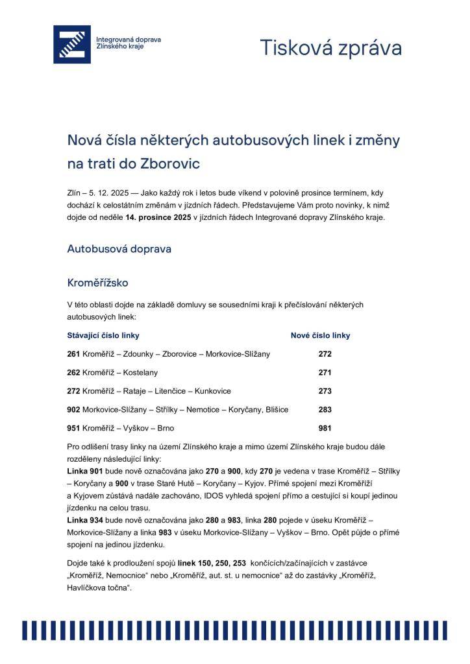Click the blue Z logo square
click(x=71, y=44)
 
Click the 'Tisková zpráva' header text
click(x=330, y=48)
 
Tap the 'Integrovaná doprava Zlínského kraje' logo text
click(x=129, y=43)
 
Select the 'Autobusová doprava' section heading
click(x=119, y=248)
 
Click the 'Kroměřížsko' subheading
click(x=98, y=283)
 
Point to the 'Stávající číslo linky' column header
click(x=103, y=335)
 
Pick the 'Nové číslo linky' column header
click(x=320, y=335)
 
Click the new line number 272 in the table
click(x=325, y=354)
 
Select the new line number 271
click(x=325, y=372)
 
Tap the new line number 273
click(x=325, y=391)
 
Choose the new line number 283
click(x=325, y=409)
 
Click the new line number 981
click(x=325, y=428)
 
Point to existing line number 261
click(x=73, y=354)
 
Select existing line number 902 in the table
click(x=73, y=409)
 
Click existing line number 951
click(x=73, y=428)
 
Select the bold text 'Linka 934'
click(x=84, y=521)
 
